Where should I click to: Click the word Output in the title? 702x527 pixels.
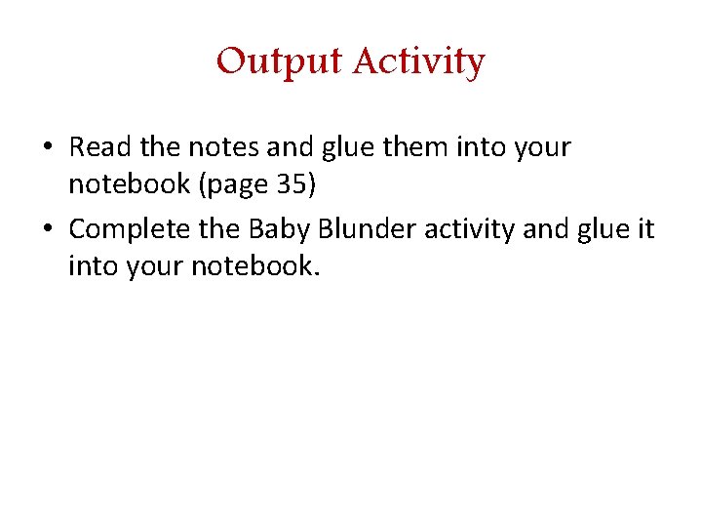pyautogui.click(x=280, y=61)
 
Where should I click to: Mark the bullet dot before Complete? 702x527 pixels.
pyautogui.click(x=48, y=230)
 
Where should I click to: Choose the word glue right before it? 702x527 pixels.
pyautogui.click(x=603, y=230)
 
